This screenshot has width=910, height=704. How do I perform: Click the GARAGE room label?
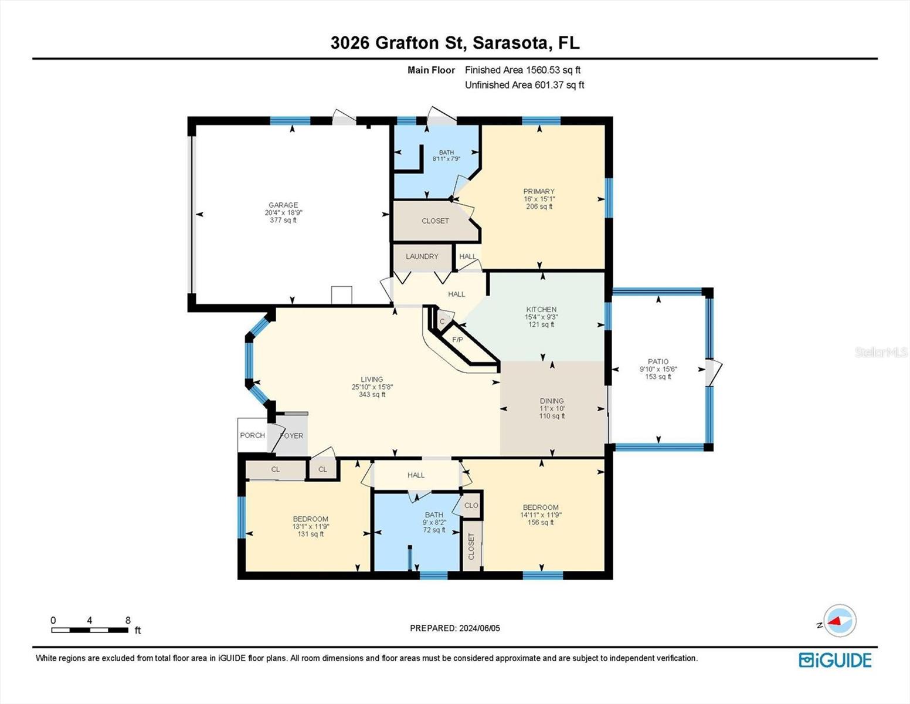click(x=284, y=205)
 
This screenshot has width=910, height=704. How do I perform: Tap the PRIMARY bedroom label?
click(x=539, y=191)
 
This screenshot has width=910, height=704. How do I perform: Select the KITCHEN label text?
click(x=541, y=310)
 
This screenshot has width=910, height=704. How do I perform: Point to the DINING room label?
click(x=552, y=401)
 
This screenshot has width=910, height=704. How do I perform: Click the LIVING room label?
click(x=372, y=380)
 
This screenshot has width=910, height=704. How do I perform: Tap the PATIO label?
click(x=658, y=361)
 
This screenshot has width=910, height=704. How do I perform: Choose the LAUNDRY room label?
click(x=422, y=256)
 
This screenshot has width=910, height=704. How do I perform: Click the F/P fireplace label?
click(x=458, y=340)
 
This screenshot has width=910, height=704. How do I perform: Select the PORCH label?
click(x=253, y=435)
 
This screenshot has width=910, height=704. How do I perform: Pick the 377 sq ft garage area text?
click(x=284, y=220)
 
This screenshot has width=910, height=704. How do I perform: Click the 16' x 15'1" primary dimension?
click(x=539, y=199)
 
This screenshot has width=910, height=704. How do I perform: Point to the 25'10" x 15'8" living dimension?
click(x=372, y=387)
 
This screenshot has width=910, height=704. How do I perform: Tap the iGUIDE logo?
click(x=835, y=660)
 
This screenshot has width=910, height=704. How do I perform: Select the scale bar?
click(x=90, y=630)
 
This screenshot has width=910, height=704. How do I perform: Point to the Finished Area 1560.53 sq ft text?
click(x=522, y=70)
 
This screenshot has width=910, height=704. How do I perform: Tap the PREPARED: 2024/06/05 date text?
click(x=455, y=628)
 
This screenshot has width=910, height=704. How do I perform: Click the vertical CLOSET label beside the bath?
click(x=471, y=546)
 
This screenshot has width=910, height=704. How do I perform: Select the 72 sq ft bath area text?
click(x=434, y=530)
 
